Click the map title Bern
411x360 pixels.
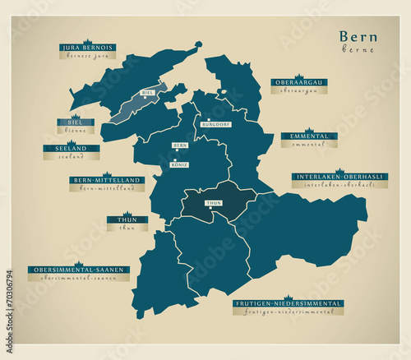pos(358,37)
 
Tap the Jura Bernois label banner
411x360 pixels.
pos(87,48)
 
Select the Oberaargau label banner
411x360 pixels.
pos(299,82)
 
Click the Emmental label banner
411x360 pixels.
pos(308,136)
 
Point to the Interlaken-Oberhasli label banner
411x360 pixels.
pos(339,176)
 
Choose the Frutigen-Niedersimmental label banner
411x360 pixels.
pos(288,303)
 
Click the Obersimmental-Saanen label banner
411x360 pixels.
pos(78,269)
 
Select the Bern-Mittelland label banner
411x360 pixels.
pos(107,179)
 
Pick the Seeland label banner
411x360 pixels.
pos(71,148)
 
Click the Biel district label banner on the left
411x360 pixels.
pos(75,122)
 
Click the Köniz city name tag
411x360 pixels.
pos(179,164)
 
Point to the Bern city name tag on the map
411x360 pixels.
pos(179,145)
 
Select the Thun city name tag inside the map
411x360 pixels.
pos(213,201)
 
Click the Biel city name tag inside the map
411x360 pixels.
pos(148,93)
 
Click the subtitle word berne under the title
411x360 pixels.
pos(358,50)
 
